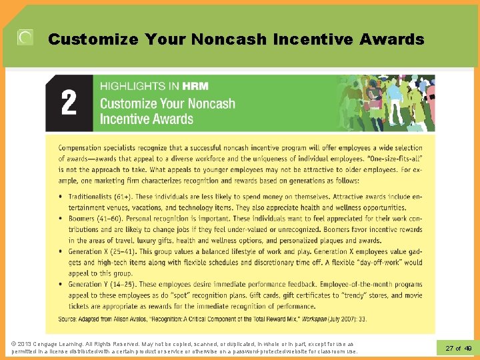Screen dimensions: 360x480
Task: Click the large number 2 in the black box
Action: coord(69,103)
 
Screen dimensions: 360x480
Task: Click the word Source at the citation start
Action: coord(67,319)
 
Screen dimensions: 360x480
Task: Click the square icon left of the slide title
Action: coord(25,38)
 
